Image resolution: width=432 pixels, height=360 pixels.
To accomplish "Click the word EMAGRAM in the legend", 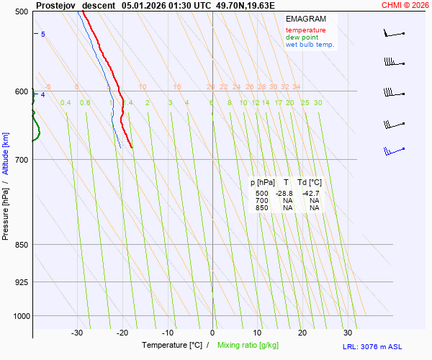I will [305, 19].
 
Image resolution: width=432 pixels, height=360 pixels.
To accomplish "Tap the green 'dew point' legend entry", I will [302, 37].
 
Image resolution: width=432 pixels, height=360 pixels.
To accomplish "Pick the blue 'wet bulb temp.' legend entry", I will [310, 45].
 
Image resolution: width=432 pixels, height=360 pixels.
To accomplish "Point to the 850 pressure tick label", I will [22, 245].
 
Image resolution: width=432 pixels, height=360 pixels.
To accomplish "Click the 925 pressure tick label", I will [22, 282].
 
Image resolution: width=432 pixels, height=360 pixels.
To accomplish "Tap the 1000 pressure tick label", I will [20, 316].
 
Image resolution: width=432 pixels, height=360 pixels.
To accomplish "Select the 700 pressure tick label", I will [22, 160].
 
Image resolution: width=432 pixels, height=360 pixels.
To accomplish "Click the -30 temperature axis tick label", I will [77, 333].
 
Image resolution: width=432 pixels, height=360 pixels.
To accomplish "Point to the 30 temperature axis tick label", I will [348, 333].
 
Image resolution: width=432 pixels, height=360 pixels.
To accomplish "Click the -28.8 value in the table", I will [284, 194].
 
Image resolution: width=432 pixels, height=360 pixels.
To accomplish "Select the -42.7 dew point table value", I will [311, 194].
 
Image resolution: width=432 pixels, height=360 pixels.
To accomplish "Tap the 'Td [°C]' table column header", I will [310, 183].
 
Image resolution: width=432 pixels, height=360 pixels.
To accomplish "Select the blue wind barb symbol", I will [393, 151].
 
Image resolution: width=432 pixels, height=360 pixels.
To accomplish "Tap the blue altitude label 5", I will [43, 35].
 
